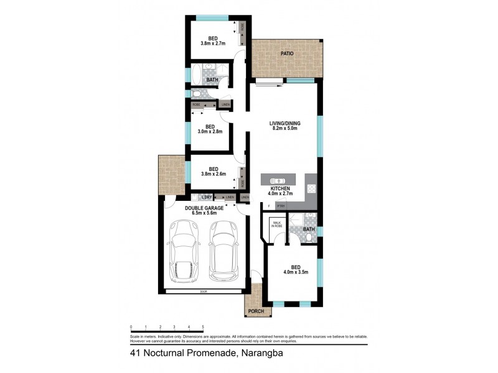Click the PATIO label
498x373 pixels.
286,54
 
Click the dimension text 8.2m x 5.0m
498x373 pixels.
284,130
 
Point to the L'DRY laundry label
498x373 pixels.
207,198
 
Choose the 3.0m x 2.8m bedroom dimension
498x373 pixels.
210,132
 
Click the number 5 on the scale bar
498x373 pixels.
203,327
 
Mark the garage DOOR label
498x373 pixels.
204,292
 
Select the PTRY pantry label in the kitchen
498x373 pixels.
281,205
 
